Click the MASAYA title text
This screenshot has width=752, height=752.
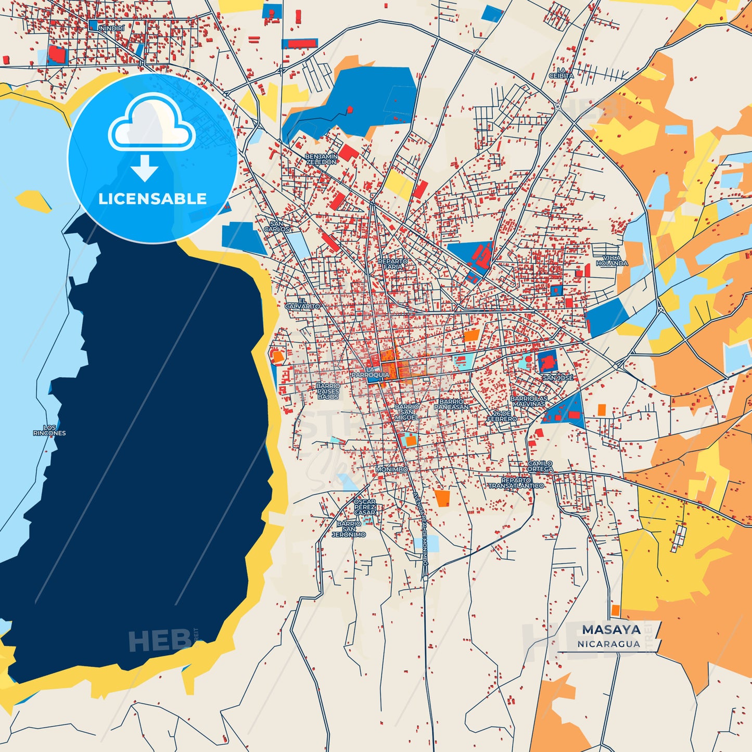611,630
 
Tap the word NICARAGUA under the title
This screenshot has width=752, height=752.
608,644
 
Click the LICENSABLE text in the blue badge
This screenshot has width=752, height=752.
152,199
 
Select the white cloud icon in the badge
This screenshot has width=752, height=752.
151,124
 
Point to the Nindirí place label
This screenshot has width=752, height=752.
112,28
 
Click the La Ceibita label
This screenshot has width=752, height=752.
561,73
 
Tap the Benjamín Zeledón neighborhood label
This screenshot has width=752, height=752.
321,159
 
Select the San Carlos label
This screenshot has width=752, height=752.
276,226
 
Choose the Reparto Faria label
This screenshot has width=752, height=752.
393,264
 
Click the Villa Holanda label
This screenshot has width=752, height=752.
611,261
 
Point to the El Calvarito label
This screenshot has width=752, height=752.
302,304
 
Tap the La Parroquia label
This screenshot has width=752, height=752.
370,373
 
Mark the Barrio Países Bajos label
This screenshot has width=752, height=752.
328,391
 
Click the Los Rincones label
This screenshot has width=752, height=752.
49,430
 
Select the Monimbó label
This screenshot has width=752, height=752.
392,469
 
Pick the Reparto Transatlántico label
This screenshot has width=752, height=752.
516,483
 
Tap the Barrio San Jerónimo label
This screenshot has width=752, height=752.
349,529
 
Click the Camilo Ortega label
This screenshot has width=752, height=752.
540,466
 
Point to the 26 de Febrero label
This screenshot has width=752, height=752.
502,416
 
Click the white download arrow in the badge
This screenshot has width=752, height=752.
144,168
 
